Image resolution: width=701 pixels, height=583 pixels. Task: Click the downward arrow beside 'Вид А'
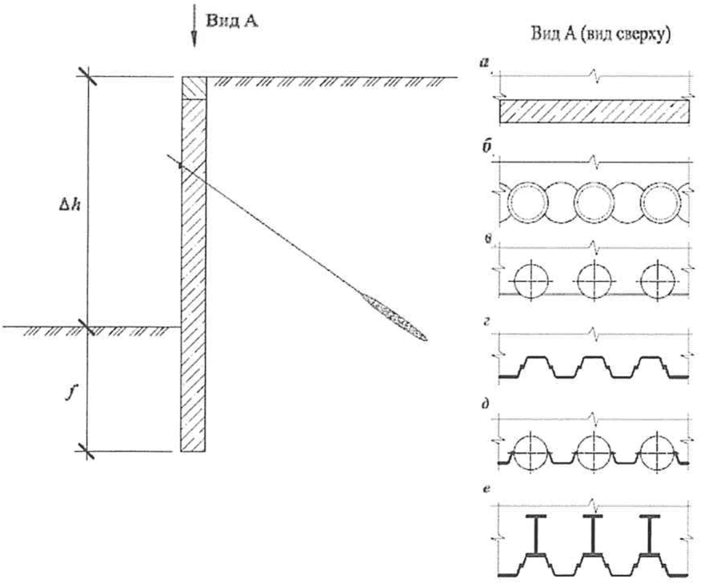(x=194, y=26)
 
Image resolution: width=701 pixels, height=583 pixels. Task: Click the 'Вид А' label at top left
(x=231, y=21)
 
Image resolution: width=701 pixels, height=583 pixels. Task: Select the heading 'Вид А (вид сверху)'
(x=600, y=35)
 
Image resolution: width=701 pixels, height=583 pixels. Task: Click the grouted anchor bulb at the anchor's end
(x=395, y=317)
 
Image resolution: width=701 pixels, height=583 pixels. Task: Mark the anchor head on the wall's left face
(x=180, y=165)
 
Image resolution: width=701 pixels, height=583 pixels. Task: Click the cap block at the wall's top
(x=194, y=88)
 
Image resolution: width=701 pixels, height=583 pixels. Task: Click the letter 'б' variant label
(x=486, y=149)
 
